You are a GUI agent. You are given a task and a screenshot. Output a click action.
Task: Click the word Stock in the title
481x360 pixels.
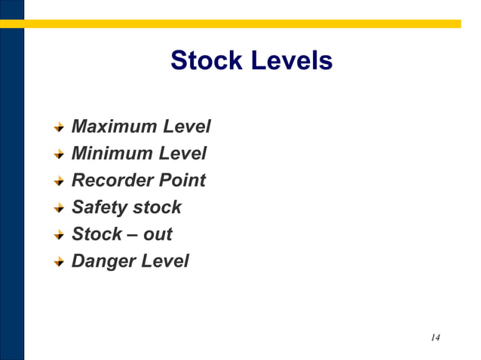click(x=205, y=60)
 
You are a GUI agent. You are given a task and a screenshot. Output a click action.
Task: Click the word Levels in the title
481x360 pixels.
click(x=290, y=60)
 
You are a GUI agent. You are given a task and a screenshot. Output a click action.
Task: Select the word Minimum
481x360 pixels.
click(x=112, y=154)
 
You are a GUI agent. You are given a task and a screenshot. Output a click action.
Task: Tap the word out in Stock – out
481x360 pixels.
click(x=158, y=234)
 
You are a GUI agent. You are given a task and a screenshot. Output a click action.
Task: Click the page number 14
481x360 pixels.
click(x=435, y=337)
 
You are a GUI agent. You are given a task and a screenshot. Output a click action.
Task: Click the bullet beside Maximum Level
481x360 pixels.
click(x=59, y=127)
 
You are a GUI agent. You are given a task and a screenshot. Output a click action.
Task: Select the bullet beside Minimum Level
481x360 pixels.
click(x=59, y=154)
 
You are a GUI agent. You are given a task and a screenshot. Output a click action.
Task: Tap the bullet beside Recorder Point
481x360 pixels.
click(x=59, y=182)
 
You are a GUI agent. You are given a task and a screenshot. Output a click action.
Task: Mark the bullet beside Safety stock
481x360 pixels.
click(x=59, y=209)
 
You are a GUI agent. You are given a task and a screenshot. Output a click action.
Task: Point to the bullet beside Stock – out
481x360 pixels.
click(x=59, y=235)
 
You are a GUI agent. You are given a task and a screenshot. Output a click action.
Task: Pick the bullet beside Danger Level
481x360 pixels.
click(x=59, y=262)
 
